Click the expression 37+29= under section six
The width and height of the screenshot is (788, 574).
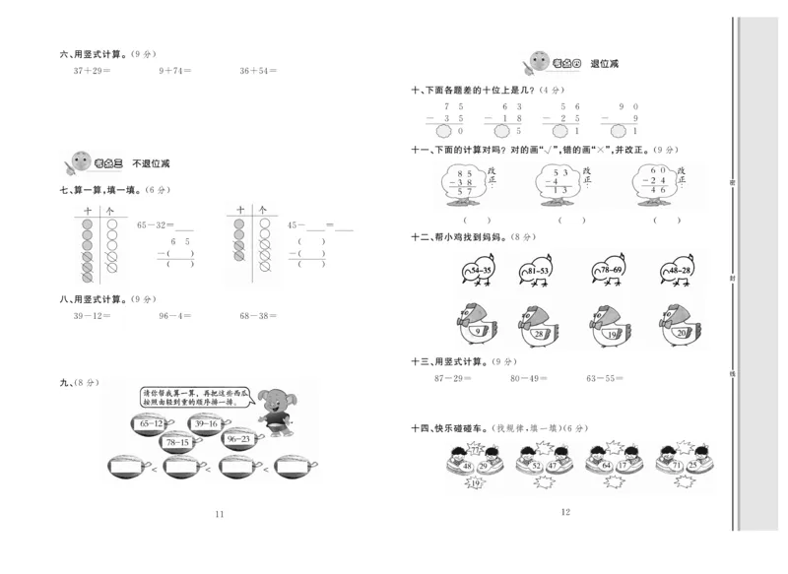pos(91,71)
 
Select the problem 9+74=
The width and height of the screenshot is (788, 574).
pos(174,71)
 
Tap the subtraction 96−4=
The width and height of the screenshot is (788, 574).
pos(174,316)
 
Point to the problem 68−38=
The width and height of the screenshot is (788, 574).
pos(258,316)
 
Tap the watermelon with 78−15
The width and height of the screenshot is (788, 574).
pos(177,443)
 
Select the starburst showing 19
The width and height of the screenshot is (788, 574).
pos(476,483)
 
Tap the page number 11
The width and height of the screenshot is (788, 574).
pos(219,514)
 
